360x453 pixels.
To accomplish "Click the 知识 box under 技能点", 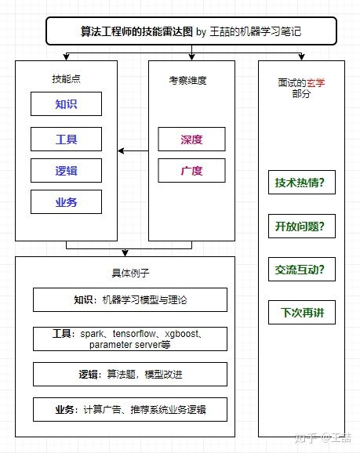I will [x=66, y=104].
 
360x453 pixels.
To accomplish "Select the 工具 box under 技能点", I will [x=66, y=138].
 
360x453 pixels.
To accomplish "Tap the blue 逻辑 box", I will [x=66, y=170].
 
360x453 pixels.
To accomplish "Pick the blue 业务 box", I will [x=66, y=202].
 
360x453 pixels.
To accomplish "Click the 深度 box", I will [x=191, y=139].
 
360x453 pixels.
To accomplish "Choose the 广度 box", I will [x=191, y=170].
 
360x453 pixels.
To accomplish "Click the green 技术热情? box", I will [x=300, y=183].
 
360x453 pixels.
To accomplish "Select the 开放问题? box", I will [x=300, y=226].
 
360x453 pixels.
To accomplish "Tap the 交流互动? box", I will [x=300, y=270].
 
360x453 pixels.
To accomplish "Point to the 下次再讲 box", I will [x=300, y=313].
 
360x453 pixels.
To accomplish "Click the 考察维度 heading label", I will [x=191, y=79].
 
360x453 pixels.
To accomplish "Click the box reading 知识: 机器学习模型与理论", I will [x=130, y=300].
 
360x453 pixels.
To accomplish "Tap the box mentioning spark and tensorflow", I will [x=130, y=339].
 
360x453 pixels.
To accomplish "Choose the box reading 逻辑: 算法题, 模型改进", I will [x=130, y=375].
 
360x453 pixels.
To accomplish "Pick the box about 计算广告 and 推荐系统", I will [x=130, y=410].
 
